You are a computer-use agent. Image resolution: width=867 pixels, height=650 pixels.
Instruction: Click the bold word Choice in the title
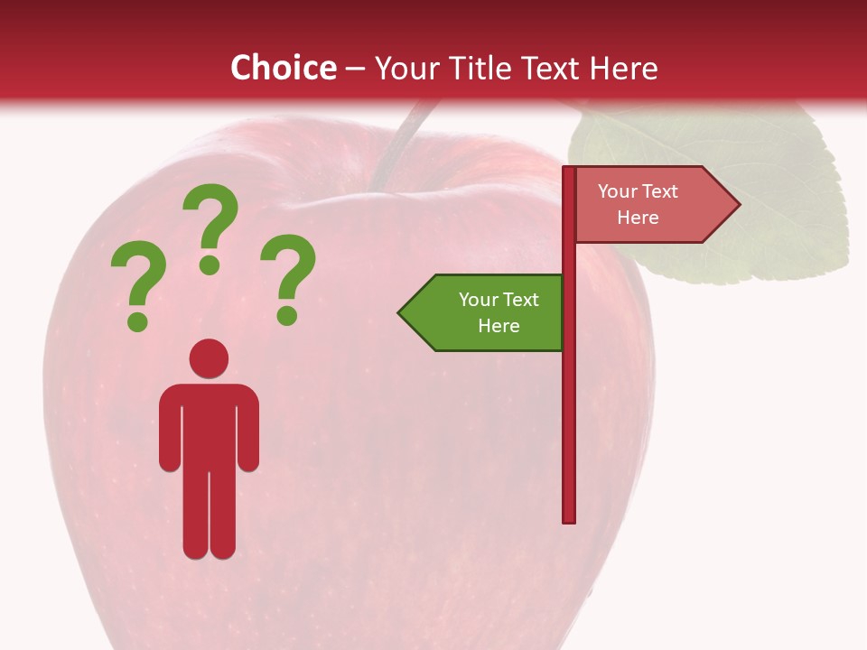[x=283, y=68]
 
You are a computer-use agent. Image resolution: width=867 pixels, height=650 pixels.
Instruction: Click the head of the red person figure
[x=209, y=358]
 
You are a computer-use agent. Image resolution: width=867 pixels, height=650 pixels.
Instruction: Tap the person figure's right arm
[x=247, y=433]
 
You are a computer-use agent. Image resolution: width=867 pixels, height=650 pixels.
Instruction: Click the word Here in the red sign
[x=638, y=218]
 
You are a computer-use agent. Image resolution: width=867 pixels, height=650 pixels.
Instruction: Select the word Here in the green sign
[x=499, y=326]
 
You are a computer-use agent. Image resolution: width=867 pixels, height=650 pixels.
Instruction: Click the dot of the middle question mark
[x=210, y=265]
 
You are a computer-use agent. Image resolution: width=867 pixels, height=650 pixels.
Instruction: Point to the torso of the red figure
[x=209, y=424]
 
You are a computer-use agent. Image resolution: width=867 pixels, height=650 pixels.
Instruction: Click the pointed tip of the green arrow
[x=400, y=312]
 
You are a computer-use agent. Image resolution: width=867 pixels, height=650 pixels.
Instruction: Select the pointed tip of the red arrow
[x=738, y=205]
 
